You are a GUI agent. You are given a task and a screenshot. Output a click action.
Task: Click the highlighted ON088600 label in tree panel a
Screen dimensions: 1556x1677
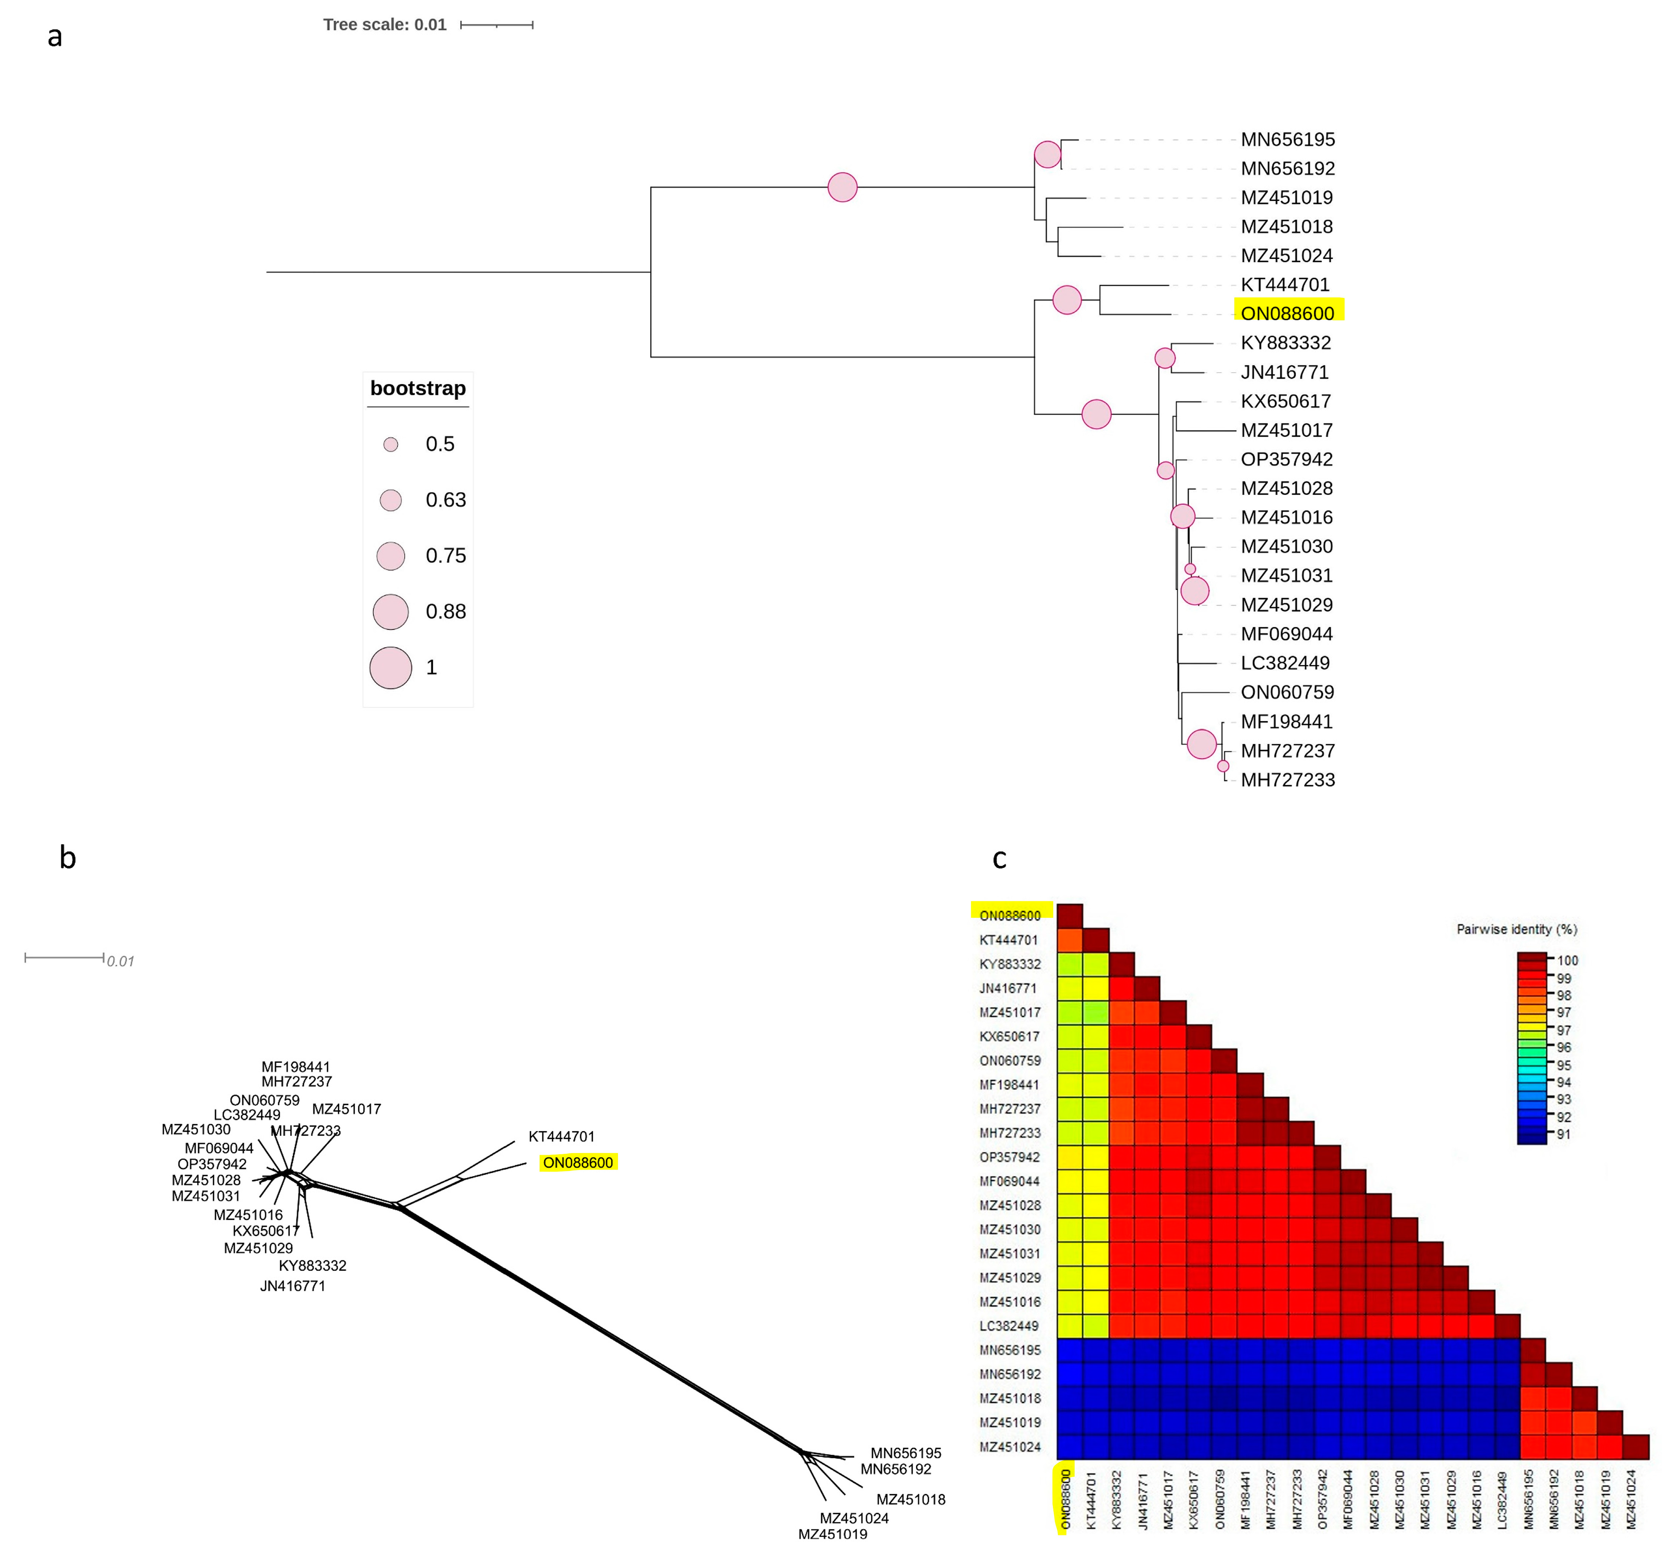point(1287,313)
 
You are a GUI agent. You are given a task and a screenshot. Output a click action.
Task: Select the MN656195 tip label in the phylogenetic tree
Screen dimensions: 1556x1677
point(1287,140)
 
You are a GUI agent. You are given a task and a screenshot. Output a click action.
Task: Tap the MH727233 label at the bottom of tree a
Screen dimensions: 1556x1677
point(1287,780)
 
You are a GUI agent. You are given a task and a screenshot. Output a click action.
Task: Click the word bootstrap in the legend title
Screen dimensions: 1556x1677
point(418,388)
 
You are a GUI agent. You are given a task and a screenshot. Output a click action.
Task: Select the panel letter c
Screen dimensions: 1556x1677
point(999,858)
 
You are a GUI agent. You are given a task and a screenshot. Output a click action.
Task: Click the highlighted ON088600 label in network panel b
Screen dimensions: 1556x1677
point(578,1163)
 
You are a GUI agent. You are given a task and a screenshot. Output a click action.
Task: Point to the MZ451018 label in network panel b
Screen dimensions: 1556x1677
point(911,1500)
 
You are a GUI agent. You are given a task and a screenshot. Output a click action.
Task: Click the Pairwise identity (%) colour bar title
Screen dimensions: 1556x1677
point(1516,930)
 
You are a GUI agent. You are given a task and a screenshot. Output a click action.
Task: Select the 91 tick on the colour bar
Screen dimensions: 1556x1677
point(1563,1134)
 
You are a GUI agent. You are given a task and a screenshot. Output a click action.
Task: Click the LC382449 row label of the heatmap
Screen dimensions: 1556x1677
point(1009,1326)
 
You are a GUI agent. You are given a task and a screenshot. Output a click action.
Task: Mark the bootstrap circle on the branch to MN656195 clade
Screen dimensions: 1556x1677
point(842,187)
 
